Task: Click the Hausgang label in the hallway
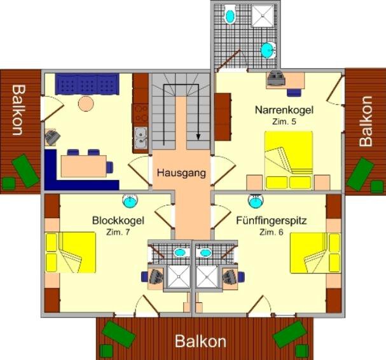(x=181, y=173)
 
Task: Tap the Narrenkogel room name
(x=284, y=110)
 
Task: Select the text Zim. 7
(x=118, y=232)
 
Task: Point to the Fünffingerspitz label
(x=272, y=220)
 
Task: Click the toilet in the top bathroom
(x=230, y=14)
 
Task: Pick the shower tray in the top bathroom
(x=263, y=16)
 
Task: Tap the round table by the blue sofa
(x=86, y=104)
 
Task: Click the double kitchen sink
(x=141, y=138)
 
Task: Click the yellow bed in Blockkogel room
(x=71, y=252)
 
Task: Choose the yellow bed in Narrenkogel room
(x=289, y=160)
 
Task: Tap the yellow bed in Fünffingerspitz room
(x=315, y=253)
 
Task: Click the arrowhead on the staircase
(x=198, y=137)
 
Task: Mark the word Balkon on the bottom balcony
(x=200, y=342)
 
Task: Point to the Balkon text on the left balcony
(x=18, y=110)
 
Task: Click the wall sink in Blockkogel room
(x=130, y=200)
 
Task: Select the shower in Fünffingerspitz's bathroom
(x=207, y=277)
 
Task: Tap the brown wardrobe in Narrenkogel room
(x=223, y=117)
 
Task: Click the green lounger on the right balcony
(x=360, y=174)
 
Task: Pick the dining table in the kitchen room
(x=84, y=166)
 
